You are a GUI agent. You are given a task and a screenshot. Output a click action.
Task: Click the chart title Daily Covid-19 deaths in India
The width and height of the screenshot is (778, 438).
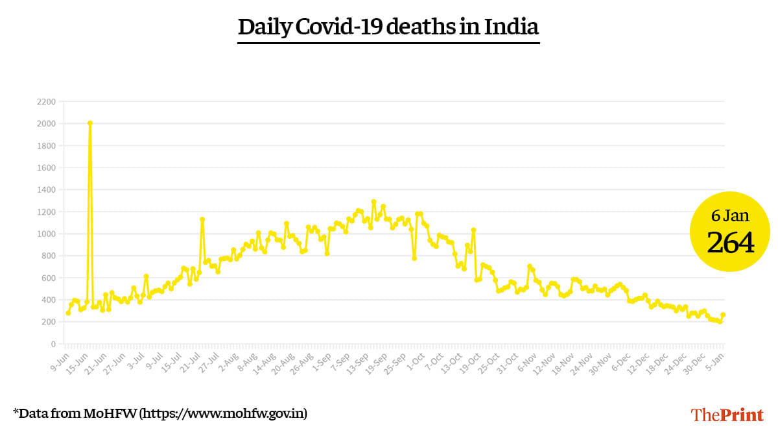[388, 27]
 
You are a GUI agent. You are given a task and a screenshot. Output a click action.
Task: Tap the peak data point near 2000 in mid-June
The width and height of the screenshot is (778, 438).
[89, 123]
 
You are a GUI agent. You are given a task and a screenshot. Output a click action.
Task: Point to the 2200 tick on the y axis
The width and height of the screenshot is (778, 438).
[46, 102]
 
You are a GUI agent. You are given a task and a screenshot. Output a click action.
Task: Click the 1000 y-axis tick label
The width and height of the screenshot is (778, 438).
[46, 234]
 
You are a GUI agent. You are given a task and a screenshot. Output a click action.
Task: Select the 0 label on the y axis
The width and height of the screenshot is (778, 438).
[53, 344]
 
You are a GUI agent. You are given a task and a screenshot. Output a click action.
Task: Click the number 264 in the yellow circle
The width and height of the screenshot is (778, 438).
[730, 243]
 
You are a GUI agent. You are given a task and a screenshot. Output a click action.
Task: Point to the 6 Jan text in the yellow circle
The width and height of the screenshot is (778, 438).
[730, 215]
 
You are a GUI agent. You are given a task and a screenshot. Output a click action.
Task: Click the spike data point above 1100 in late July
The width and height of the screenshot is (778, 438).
[202, 219]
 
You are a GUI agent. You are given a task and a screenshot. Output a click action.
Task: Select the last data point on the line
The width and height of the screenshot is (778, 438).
[723, 315]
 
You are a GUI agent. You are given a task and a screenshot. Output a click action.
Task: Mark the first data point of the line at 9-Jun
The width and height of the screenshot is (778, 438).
[68, 313]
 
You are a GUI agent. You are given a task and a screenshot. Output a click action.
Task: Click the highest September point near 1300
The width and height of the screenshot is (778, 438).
[373, 202]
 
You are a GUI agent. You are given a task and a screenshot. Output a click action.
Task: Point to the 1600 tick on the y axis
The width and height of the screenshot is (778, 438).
[46, 167]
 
